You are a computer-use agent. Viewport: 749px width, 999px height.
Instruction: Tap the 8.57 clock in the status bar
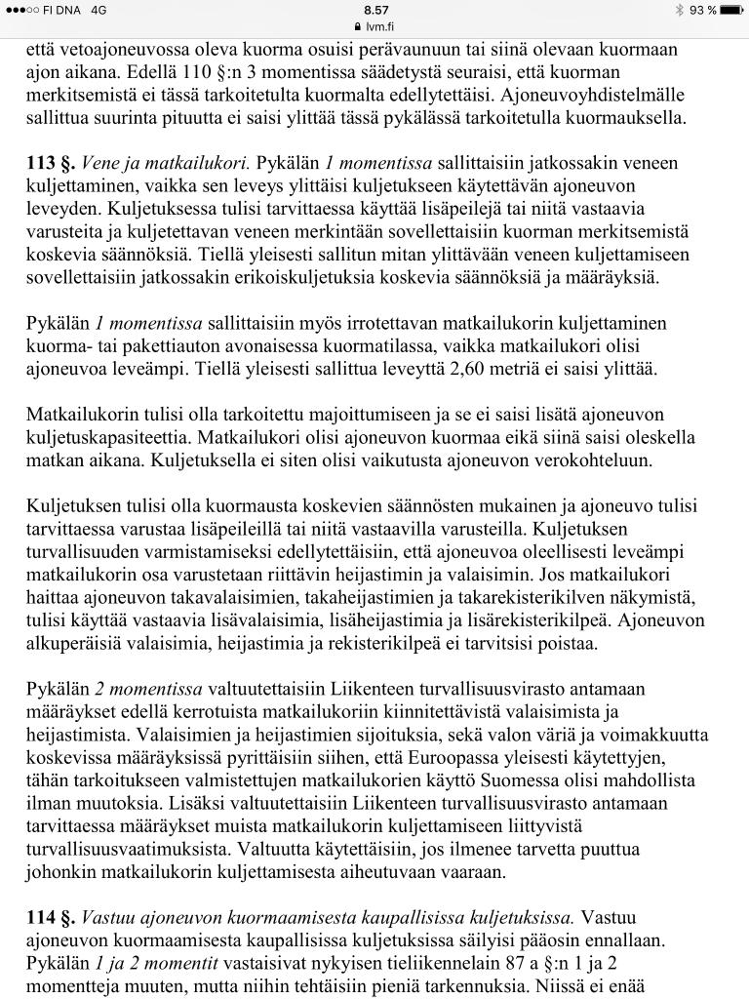374,9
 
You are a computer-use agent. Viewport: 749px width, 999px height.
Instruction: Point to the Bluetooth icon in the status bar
678,10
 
